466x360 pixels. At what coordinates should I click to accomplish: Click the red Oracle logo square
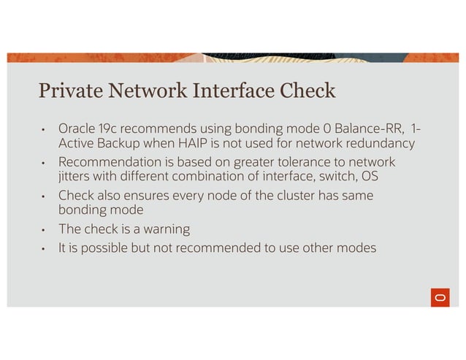(438, 297)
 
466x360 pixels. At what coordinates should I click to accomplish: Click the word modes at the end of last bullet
(357, 248)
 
